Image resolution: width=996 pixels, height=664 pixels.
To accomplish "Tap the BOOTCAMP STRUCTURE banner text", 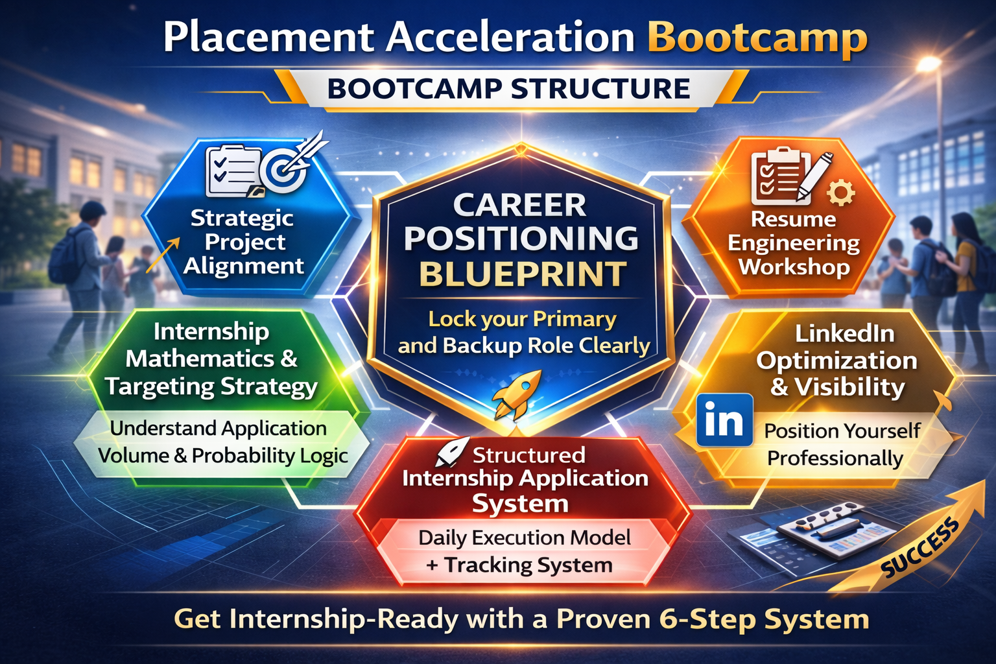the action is point(508,88).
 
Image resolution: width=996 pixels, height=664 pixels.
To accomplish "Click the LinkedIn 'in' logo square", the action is point(724,420).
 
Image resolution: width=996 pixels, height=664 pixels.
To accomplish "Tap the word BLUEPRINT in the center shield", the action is point(523,274).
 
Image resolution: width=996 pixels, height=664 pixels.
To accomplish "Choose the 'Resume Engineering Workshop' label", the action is point(794,243).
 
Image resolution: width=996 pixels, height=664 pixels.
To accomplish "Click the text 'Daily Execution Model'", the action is point(524,538).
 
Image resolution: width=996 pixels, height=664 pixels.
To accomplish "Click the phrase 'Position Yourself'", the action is point(842,431).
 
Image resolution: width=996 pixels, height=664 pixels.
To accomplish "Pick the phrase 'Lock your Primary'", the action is point(523,320).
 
